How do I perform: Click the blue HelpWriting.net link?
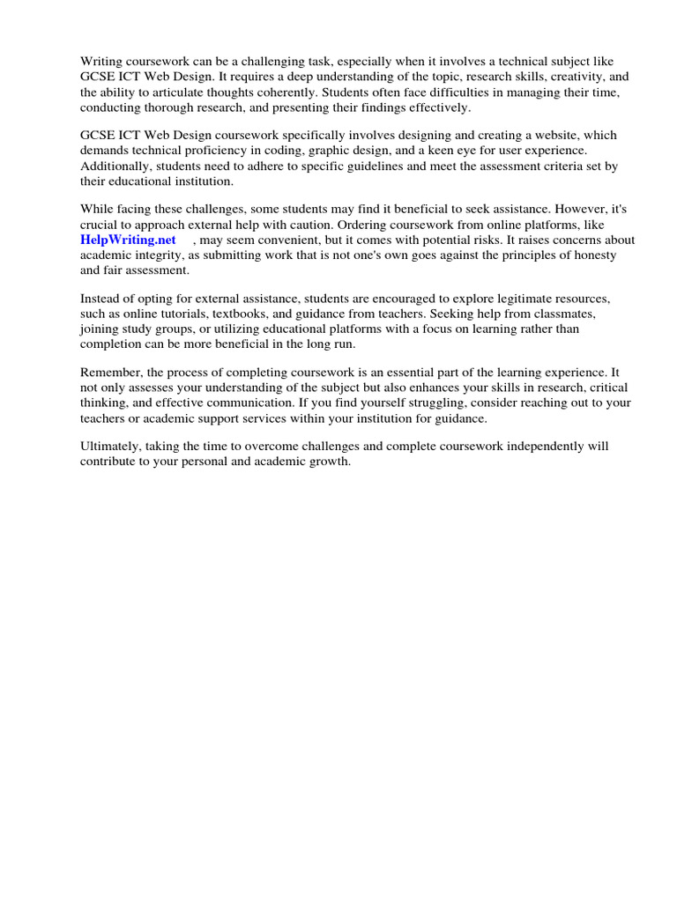(x=128, y=240)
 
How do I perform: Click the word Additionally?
(x=115, y=166)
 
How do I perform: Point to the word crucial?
(x=99, y=225)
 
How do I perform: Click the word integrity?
(x=158, y=255)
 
